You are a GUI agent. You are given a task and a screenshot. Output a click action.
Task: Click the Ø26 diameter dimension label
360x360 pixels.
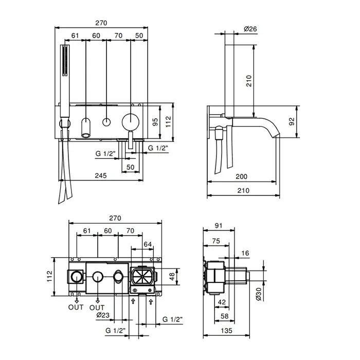(x=250, y=29)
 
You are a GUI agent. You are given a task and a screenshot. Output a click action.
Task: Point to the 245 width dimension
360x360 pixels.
(x=101, y=176)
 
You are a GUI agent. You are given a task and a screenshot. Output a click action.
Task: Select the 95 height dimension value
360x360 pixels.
(x=155, y=122)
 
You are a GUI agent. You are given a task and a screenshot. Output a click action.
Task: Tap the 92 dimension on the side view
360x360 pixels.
(x=292, y=121)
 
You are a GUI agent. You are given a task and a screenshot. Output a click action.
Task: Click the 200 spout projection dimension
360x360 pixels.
(x=242, y=176)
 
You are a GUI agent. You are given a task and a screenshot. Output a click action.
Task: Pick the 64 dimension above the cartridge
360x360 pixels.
(x=148, y=244)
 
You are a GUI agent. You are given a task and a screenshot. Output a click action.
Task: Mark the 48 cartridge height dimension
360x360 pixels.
(x=172, y=277)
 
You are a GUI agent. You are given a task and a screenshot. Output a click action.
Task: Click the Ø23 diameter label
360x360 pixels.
(x=103, y=315)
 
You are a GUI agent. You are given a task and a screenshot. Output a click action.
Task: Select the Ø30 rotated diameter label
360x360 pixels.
(x=258, y=294)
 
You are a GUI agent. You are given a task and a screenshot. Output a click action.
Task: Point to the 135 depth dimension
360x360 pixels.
(x=227, y=331)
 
